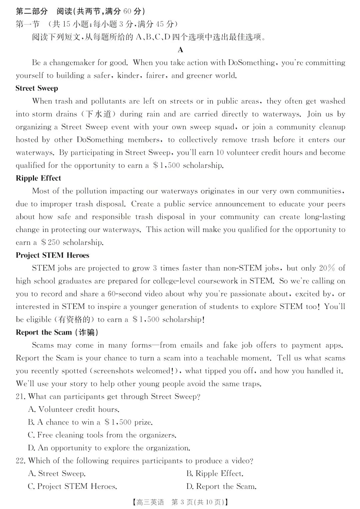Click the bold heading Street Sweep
point(37,88)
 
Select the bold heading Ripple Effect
point(38,178)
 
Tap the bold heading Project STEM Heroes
point(52,255)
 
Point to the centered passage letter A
point(180,50)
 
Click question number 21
point(21,397)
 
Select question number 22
point(21,461)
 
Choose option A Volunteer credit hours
point(74,409)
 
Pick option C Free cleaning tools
point(102,435)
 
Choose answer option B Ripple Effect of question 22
point(215,474)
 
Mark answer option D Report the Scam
point(221,487)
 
